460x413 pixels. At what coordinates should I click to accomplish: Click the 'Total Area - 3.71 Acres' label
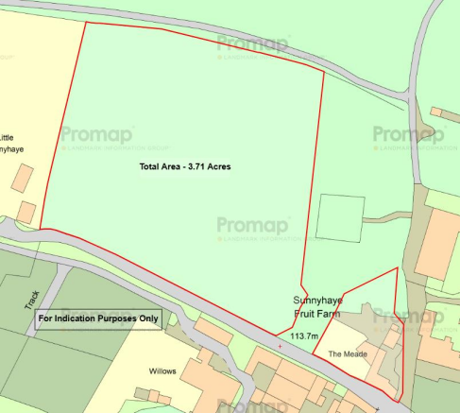[x=185, y=166]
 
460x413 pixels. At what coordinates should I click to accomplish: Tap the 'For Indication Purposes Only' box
[x=98, y=319]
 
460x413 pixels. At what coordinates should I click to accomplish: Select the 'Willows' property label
[x=163, y=371]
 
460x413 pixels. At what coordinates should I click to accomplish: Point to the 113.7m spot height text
[x=303, y=336]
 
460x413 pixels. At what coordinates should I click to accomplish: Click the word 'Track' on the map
[x=30, y=301]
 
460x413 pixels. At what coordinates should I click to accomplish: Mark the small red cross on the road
[x=280, y=346]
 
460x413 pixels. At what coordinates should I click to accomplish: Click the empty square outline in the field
[x=340, y=217]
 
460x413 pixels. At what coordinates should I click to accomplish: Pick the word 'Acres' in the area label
[x=219, y=166]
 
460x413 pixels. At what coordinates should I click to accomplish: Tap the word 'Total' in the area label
[x=150, y=166]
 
